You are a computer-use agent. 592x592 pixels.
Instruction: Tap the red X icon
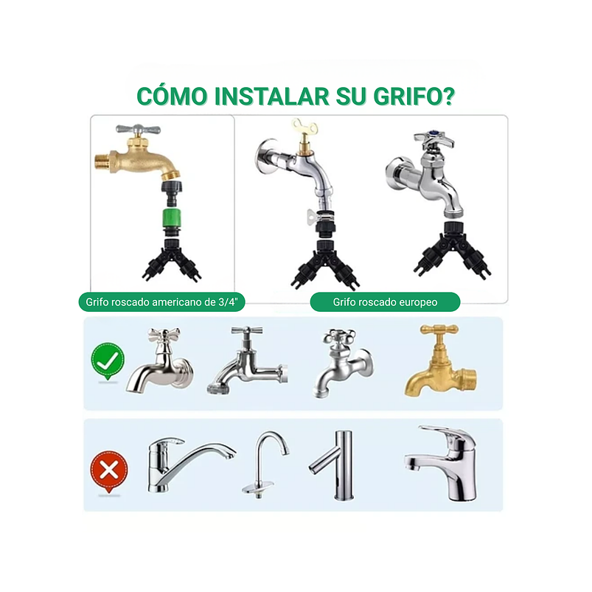pos(108,470)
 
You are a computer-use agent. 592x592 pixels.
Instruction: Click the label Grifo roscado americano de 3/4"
pos(161,302)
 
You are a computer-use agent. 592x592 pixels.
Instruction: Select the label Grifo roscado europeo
pos(385,302)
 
